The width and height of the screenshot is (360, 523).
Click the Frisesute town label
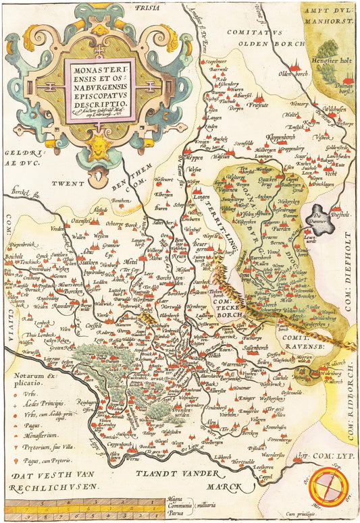pos(261,105)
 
